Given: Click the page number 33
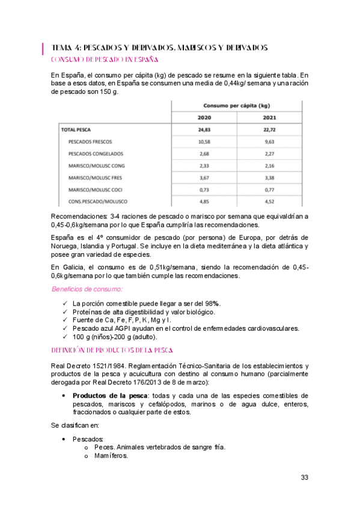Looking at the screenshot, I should tap(305, 478).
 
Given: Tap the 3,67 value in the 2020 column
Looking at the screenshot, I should tap(205, 177).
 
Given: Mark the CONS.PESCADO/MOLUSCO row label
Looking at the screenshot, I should tap(98, 201).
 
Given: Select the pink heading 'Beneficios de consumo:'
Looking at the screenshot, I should tap(87, 289).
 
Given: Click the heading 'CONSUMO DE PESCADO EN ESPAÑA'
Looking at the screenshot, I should tap(105, 60).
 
